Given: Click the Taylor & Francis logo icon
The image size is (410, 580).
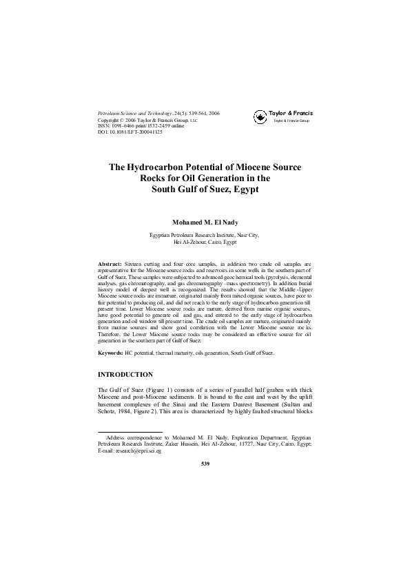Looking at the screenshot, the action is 260,118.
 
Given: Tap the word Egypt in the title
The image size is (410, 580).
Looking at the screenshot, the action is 249,189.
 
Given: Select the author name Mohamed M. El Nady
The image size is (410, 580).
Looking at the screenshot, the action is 205,222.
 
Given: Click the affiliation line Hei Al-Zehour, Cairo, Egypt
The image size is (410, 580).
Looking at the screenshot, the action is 205,242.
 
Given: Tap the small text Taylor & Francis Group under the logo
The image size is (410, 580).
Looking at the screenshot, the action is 291,121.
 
